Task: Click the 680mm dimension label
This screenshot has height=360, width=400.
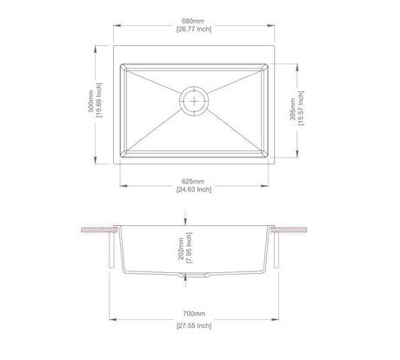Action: pos(193,21)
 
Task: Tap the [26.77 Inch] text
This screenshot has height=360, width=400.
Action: pos(194,29)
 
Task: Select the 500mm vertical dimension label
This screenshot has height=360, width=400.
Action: pos(91,101)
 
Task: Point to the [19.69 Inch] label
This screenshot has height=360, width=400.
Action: pos(99,100)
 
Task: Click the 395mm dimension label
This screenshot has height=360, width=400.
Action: pos(293,110)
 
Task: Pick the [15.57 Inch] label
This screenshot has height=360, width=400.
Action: pos(301,108)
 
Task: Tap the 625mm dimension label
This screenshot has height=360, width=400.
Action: pos(193,182)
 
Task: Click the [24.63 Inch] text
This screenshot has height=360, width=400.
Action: pos(194,190)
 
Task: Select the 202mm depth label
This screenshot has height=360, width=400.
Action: pos(181,249)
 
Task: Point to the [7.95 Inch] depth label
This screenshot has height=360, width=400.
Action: pos(190,248)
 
